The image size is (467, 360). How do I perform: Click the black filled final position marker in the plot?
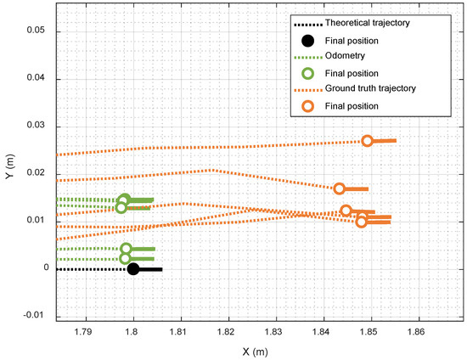(133, 269)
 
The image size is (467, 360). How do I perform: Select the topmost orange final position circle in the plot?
(368, 141)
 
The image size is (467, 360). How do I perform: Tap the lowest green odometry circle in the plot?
(126, 258)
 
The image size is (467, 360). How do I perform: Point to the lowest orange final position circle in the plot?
(362, 222)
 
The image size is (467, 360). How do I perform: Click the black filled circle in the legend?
(308, 40)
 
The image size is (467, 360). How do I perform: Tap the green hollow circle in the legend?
(308, 72)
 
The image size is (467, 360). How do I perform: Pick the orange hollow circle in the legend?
(308, 105)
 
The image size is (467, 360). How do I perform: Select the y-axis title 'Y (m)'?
(9, 163)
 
